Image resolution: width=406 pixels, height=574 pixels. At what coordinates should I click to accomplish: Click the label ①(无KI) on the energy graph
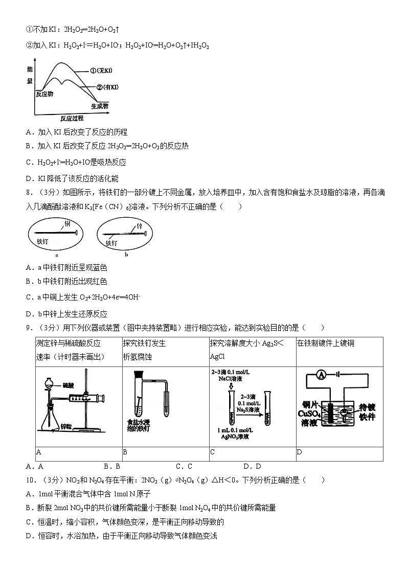pyautogui.click(x=101, y=71)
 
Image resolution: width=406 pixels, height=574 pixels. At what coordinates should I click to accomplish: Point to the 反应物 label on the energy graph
pyautogui.click(x=44, y=94)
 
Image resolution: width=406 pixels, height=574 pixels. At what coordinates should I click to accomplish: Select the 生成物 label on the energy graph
pyautogui.click(x=100, y=106)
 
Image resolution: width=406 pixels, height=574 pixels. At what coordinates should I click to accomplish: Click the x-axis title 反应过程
pyautogui.click(x=71, y=118)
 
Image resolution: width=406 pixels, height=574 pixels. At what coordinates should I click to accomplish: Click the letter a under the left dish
pyautogui.click(x=56, y=254)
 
